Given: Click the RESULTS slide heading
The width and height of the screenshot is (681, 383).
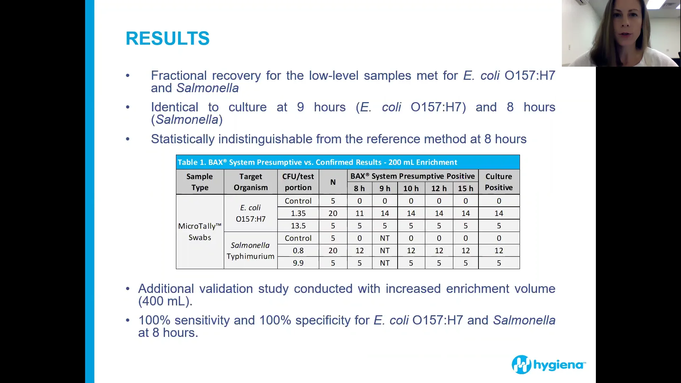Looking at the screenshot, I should (167, 38).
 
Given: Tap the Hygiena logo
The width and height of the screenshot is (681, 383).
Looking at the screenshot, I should (548, 365).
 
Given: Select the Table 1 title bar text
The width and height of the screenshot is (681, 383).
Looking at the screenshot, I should (317, 162).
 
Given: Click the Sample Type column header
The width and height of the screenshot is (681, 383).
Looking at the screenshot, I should (200, 182).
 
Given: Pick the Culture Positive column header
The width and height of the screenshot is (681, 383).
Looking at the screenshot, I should (499, 182).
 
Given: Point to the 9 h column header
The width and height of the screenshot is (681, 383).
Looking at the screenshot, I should (384, 189).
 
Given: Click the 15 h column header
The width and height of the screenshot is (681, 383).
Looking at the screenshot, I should (465, 189).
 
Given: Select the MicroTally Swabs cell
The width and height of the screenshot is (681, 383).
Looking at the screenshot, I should (200, 232).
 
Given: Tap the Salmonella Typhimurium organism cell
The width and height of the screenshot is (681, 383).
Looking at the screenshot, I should (250, 250).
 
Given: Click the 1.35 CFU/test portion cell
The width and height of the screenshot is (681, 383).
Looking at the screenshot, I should (298, 213).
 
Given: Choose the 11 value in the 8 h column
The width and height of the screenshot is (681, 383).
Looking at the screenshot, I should (359, 213).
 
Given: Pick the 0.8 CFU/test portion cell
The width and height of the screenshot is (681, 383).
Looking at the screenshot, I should (298, 251).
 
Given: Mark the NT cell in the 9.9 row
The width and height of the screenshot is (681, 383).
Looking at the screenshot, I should (384, 263).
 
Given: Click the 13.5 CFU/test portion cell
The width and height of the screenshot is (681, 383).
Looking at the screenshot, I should (298, 226).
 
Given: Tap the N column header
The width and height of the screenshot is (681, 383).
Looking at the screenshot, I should (333, 182).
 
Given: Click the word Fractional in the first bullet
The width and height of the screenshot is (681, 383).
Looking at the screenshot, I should (178, 76).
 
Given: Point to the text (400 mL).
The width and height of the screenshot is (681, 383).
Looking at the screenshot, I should (165, 301).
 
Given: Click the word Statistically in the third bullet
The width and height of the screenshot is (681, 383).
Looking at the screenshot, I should (182, 139).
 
